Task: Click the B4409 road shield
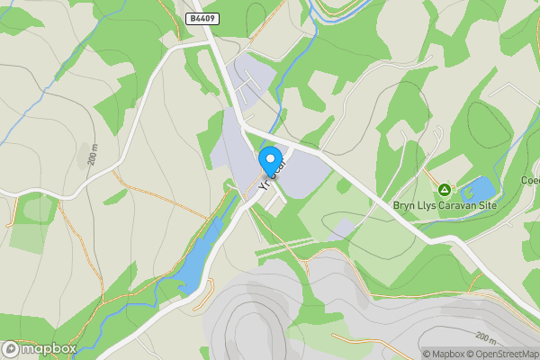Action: click(202, 18)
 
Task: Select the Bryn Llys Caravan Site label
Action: click(445, 205)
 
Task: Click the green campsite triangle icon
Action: click(444, 190)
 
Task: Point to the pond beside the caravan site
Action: click(477, 190)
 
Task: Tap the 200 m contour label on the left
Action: click(94, 156)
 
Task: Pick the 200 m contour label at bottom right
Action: click(486, 338)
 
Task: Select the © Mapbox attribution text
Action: click(448, 354)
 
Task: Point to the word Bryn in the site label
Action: click(404, 205)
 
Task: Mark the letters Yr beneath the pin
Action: click(264, 183)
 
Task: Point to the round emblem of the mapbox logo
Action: click(11, 349)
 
